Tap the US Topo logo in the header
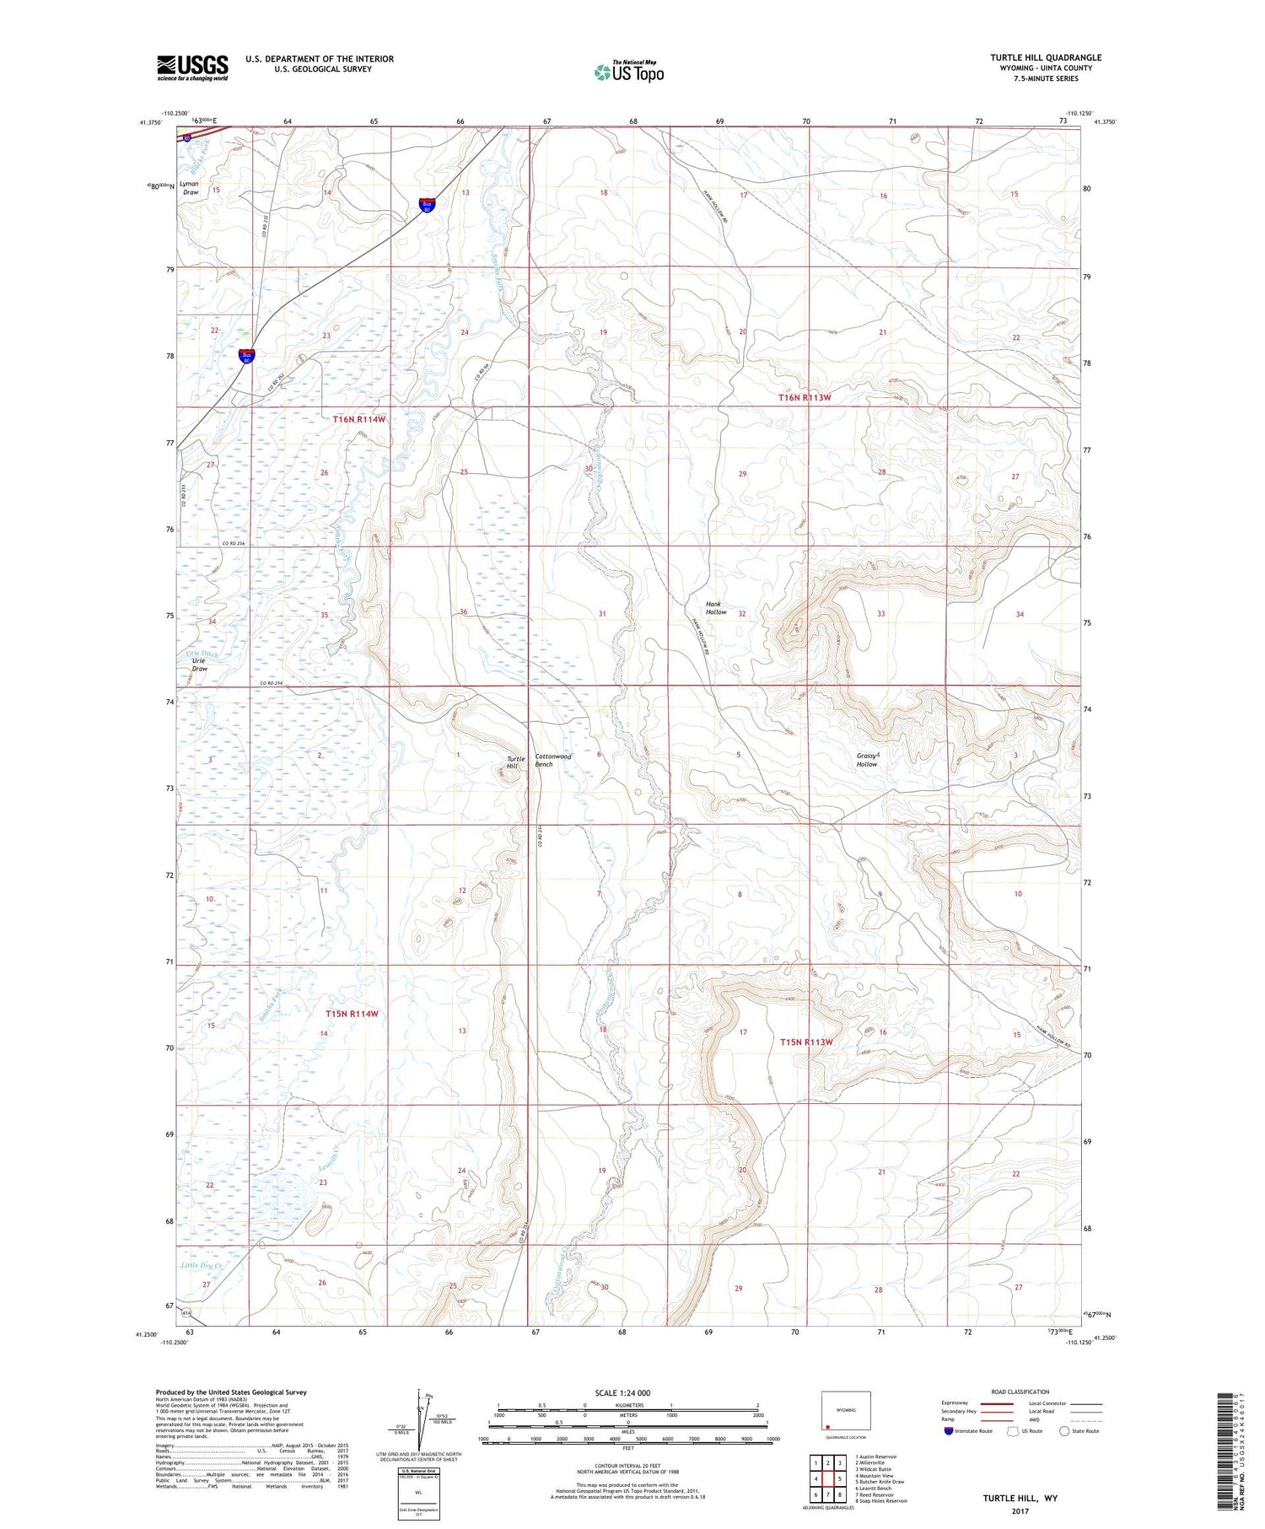[628, 72]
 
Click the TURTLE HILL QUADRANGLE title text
[1045, 57]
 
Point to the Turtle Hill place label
[515, 762]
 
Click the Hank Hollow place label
[715, 607]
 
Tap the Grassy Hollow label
[867, 759]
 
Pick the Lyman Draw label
[190, 187]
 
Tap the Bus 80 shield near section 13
[428, 205]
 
